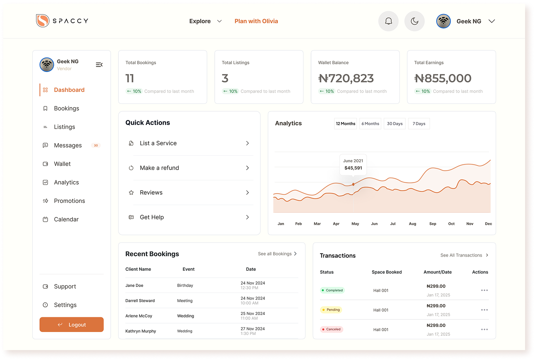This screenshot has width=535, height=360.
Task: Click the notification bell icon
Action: pyautogui.click(x=388, y=21)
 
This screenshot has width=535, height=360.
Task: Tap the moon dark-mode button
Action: pyautogui.click(x=414, y=21)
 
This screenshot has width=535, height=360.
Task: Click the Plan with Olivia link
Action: pyautogui.click(x=256, y=21)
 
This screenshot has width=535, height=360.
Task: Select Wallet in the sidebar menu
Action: pyautogui.click(x=62, y=164)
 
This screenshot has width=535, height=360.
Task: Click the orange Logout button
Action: pyautogui.click(x=72, y=324)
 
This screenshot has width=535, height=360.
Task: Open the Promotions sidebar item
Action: pyautogui.click(x=69, y=201)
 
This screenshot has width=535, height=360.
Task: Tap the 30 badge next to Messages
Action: pyautogui.click(x=96, y=145)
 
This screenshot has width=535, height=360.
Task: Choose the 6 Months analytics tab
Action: pyautogui.click(x=370, y=124)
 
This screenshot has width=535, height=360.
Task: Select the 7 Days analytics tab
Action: pyautogui.click(x=419, y=124)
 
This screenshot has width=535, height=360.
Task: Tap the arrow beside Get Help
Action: pyautogui.click(x=247, y=217)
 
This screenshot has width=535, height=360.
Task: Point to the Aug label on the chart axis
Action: pyautogui.click(x=413, y=224)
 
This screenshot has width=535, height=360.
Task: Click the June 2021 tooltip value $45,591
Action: pyautogui.click(x=353, y=168)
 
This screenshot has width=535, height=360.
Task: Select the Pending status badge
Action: pyautogui.click(x=331, y=310)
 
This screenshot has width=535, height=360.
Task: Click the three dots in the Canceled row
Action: pyautogui.click(x=484, y=329)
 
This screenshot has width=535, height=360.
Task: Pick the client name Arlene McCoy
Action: pyautogui.click(x=139, y=316)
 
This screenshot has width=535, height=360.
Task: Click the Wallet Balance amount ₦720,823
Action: pyautogui.click(x=346, y=78)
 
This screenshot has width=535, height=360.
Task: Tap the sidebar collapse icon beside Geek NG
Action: pyautogui.click(x=99, y=65)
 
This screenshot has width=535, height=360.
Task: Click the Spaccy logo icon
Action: pyautogui.click(x=43, y=21)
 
